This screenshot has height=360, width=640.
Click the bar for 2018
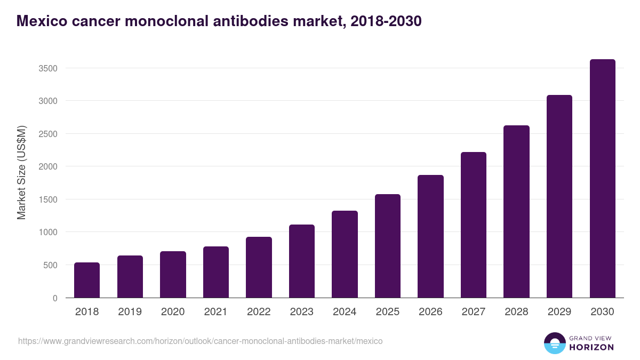click(87, 280)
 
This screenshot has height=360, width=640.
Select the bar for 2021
click(216, 272)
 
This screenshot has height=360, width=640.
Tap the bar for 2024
click(345, 254)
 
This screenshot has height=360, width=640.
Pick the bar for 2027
click(474, 225)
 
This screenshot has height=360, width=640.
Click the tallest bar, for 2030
click(602, 179)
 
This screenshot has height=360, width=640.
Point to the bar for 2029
click(559, 196)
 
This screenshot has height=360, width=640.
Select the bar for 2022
click(259, 267)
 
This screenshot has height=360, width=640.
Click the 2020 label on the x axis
click(173, 312)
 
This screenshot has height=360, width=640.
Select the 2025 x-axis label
click(388, 312)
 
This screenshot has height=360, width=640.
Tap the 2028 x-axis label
click(516, 312)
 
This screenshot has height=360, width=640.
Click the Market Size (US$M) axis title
click(22, 172)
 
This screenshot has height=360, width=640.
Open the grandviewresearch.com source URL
click(200, 341)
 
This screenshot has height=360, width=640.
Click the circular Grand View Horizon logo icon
click(554, 343)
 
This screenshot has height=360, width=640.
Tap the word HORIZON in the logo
click(591, 347)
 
